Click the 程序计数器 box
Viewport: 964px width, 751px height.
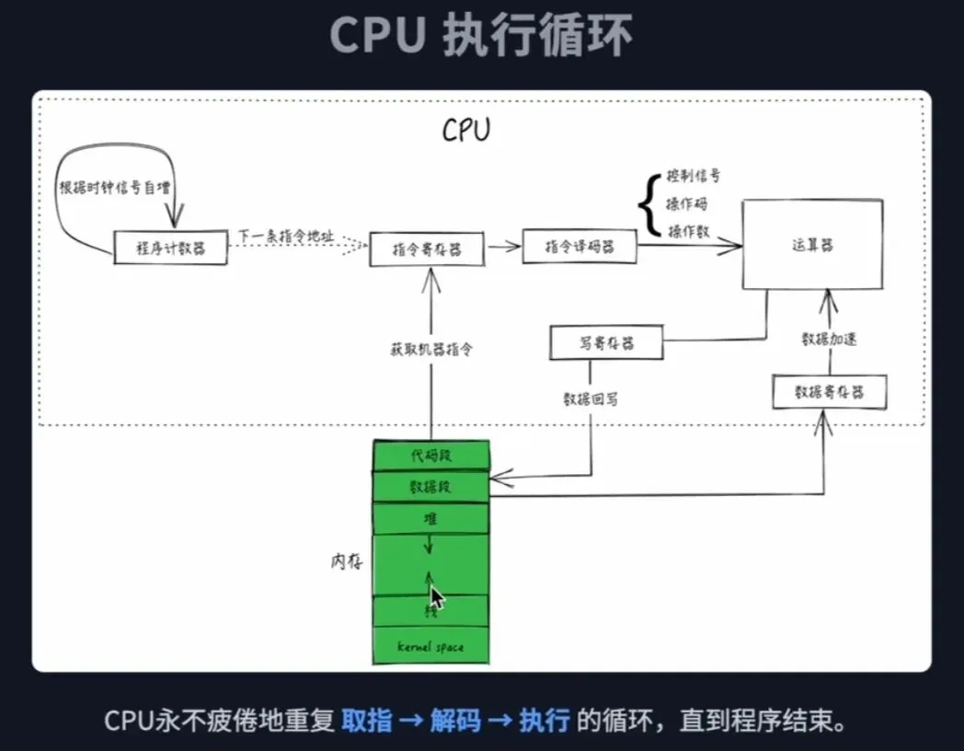click(x=170, y=248)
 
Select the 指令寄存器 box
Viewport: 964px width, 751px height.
click(x=427, y=248)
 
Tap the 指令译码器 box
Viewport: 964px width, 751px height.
click(x=579, y=247)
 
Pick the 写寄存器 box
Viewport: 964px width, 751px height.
click(x=606, y=343)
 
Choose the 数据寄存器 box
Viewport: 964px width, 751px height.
click(x=830, y=392)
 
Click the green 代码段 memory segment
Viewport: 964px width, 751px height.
click(x=430, y=456)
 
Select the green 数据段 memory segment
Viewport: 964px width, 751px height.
click(x=430, y=487)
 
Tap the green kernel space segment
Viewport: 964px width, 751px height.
click(x=430, y=646)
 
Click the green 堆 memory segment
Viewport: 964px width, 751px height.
click(x=430, y=518)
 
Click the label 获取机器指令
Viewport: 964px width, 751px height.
click(x=430, y=350)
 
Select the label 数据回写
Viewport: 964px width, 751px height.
click(x=591, y=399)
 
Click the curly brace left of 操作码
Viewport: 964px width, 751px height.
click(x=649, y=203)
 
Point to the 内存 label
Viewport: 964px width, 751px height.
click(x=345, y=561)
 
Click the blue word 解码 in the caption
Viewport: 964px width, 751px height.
click(x=456, y=720)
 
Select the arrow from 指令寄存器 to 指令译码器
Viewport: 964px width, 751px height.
click(x=503, y=247)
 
